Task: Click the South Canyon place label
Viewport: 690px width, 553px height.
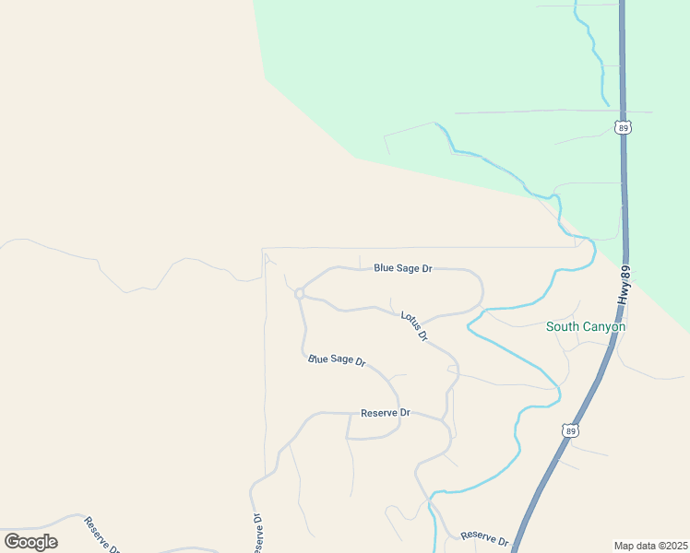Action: click(x=586, y=326)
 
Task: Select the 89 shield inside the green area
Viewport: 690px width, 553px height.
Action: click(x=625, y=127)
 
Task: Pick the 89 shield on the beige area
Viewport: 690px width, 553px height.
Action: click(x=572, y=430)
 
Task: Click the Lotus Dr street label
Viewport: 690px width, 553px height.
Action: click(x=415, y=325)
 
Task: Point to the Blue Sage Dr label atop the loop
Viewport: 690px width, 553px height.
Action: click(x=403, y=268)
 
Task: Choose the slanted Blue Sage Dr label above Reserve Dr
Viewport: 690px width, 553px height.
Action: click(x=337, y=359)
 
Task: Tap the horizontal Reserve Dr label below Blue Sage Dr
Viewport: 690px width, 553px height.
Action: click(x=385, y=413)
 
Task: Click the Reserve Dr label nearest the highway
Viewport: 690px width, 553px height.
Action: click(x=484, y=536)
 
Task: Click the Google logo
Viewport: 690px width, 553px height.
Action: click(x=30, y=541)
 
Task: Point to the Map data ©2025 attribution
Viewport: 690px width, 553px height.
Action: click(x=651, y=545)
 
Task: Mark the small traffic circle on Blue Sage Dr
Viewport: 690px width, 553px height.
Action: click(x=300, y=293)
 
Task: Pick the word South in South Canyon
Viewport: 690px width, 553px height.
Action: click(x=561, y=326)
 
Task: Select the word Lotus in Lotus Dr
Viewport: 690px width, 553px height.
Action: click(x=410, y=321)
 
